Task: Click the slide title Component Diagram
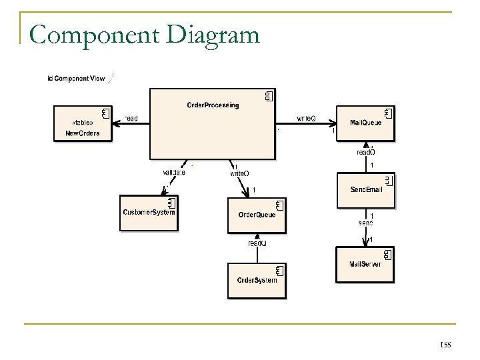pos(144,34)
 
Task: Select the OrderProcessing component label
pos(213,105)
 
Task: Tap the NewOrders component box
pos(83,123)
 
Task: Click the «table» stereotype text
pos(82,122)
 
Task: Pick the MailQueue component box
pos(366,123)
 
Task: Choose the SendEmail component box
pos(366,190)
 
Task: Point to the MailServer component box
pos(366,263)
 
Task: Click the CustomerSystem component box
pos(149,213)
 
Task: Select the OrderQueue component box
pos(257,215)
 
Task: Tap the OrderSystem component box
pos(257,280)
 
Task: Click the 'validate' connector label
pos(174,173)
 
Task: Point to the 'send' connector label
pos(365,222)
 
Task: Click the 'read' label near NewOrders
pos(131,119)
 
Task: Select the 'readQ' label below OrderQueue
pos(257,243)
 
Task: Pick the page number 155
pos(445,343)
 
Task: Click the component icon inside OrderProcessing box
pos(269,97)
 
